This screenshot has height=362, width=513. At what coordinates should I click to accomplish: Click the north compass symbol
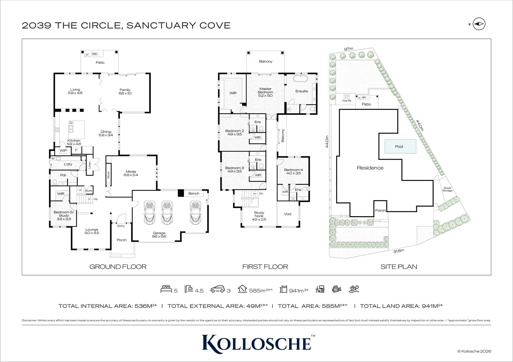(479, 24)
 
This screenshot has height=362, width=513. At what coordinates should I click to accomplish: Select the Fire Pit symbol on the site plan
(346, 96)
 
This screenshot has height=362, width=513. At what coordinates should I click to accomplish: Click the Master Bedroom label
(265, 92)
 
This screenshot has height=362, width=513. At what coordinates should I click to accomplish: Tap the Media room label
(131, 173)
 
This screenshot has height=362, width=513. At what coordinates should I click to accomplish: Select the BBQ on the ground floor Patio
(94, 54)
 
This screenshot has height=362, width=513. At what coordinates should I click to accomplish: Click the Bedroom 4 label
(293, 172)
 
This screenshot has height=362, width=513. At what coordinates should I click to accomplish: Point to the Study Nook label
(259, 216)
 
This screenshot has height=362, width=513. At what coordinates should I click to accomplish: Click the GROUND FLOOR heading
(118, 267)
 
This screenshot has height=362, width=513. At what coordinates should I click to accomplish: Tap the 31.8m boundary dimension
(399, 251)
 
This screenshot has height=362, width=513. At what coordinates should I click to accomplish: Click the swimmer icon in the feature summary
(354, 289)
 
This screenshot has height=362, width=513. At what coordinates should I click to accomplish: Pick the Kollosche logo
(256, 343)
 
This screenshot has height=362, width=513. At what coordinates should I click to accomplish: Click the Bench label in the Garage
(194, 193)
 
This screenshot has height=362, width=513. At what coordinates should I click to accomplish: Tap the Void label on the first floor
(288, 214)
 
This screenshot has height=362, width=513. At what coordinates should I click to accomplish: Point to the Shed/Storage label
(447, 189)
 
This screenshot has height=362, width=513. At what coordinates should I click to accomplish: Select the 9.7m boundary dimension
(348, 49)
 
